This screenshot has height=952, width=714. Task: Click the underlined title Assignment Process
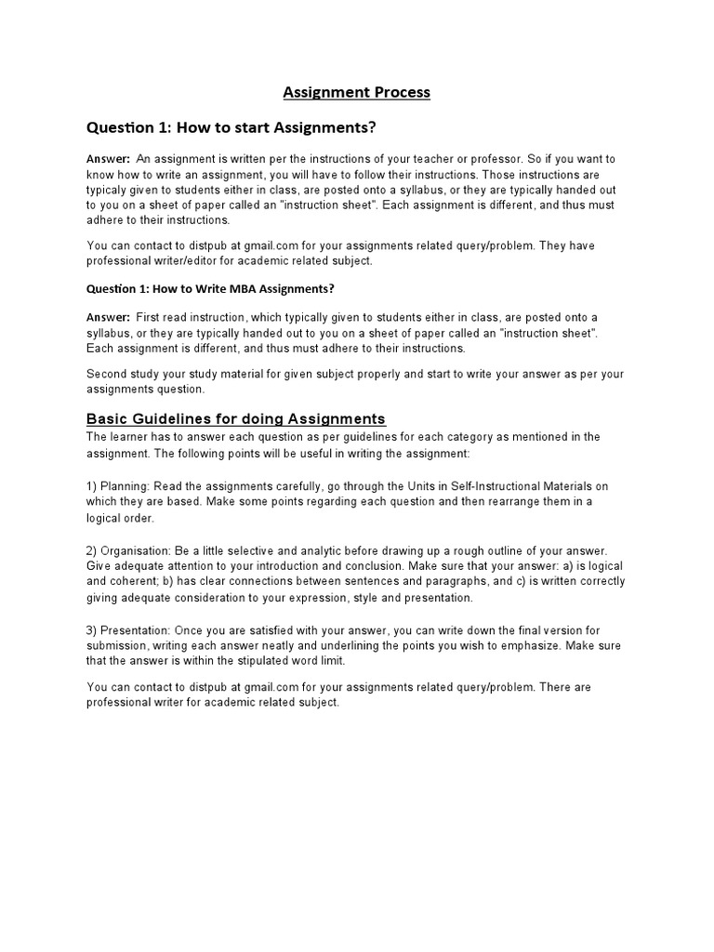356,92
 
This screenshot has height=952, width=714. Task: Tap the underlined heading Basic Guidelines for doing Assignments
235,418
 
